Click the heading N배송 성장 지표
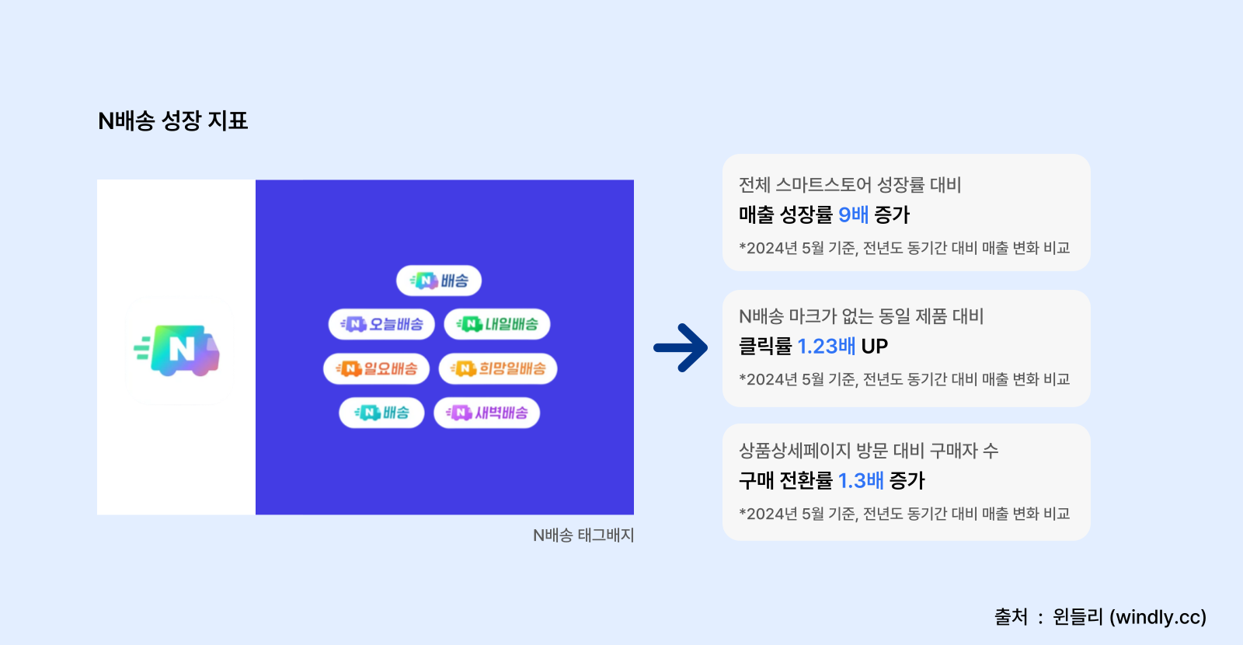172,120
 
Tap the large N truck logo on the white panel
177,350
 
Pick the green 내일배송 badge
497,324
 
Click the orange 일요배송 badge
376,368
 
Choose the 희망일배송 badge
498,368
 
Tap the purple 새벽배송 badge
486,413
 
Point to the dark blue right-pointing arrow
681,347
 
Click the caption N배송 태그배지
583,535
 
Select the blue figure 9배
853,214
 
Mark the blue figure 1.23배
827,346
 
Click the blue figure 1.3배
861,480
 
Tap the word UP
875,346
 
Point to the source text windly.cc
1158,617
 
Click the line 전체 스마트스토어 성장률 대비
850,185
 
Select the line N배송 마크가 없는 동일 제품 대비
861,316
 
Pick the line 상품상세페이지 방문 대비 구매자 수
869,451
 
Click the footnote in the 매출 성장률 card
904,248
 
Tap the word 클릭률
765,346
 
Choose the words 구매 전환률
785,480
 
